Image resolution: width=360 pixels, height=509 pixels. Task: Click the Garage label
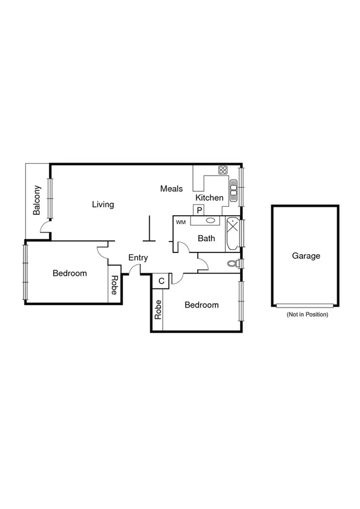(306, 256)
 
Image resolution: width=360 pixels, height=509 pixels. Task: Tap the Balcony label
(37, 200)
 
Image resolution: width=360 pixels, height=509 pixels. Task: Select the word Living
(103, 204)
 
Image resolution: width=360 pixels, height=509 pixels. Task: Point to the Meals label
(171, 189)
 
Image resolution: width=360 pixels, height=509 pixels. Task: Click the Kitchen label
(210, 198)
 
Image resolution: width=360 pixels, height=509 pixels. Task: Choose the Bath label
(207, 239)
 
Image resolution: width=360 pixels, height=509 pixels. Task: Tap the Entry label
(138, 258)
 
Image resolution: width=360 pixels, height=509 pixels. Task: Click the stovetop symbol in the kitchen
(223, 170)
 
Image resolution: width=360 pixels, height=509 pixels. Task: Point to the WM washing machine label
(181, 222)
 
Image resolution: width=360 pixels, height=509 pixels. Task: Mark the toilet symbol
(233, 263)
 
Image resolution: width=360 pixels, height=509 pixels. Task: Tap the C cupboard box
(161, 281)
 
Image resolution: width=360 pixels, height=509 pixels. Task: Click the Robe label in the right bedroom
(158, 309)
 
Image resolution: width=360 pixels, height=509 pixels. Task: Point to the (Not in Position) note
(307, 314)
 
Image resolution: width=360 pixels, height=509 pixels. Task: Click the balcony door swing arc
(43, 227)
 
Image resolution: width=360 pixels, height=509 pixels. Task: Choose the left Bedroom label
(69, 273)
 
